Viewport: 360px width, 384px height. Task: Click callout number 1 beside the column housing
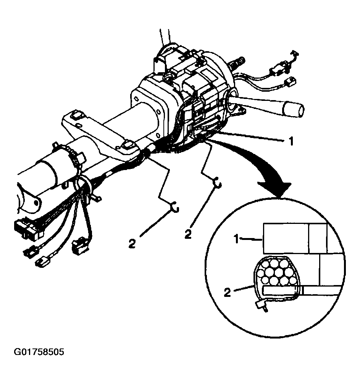click(291, 141)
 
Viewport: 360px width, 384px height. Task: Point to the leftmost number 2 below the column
click(132, 243)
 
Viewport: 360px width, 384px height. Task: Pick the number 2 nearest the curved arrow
click(187, 233)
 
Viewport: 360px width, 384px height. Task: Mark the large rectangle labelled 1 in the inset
click(286, 238)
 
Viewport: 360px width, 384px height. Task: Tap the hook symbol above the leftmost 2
click(175, 207)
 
